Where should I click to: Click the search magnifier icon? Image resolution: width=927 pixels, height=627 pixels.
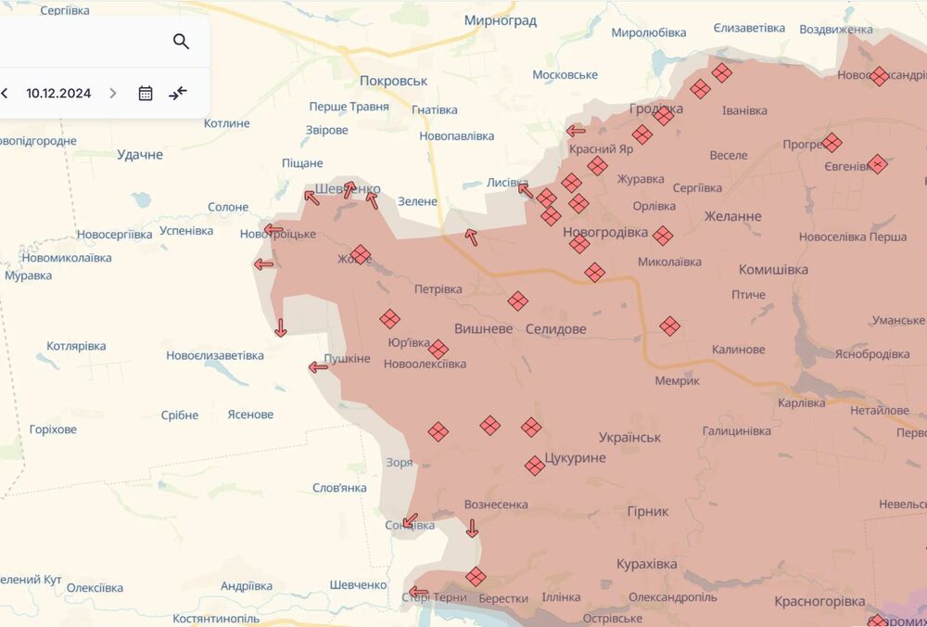(x=181, y=41)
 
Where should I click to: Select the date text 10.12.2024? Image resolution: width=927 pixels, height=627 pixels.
(x=58, y=93)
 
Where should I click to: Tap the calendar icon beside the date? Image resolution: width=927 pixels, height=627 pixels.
(x=146, y=93)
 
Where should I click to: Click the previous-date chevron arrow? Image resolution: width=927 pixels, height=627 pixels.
(x=5, y=93)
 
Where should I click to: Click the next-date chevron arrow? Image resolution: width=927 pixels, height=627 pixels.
(x=113, y=93)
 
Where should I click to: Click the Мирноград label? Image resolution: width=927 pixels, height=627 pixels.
(x=502, y=19)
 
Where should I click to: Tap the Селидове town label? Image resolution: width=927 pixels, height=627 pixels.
(x=555, y=328)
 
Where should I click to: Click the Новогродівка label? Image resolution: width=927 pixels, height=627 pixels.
(x=605, y=232)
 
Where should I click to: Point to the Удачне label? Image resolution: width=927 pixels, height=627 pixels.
(x=140, y=154)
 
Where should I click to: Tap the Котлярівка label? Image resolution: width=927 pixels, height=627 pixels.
(x=76, y=346)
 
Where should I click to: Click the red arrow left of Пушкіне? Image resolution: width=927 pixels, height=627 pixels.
(x=318, y=367)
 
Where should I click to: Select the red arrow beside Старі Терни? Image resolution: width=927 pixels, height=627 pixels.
(x=418, y=593)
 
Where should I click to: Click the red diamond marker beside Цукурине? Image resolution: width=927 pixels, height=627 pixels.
(x=534, y=465)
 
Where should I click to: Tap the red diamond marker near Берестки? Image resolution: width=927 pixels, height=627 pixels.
(x=476, y=577)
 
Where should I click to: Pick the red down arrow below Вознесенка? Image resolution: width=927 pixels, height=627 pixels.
(x=472, y=529)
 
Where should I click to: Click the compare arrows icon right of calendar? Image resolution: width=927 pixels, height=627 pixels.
(x=178, y=93)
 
